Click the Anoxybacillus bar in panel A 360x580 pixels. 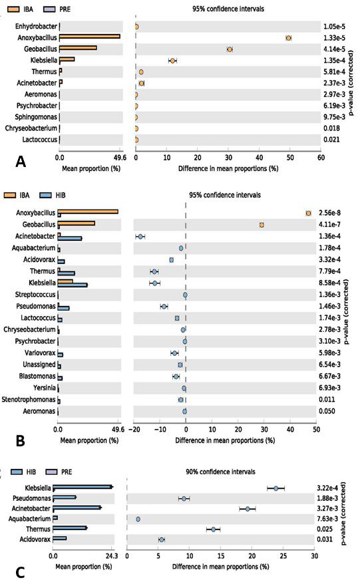(90, 36)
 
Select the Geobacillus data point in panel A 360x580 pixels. (230, 50)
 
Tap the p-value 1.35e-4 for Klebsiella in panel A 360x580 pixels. (335, 61)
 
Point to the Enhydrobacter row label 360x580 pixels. (36, 26)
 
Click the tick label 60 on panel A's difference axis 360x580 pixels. (321, 158)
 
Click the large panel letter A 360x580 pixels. (21, 162)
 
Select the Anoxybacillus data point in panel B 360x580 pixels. (308, 213)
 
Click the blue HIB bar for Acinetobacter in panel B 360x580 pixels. (70, 239)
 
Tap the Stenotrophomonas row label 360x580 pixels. (29, 400)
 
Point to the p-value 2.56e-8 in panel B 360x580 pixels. (329, 213)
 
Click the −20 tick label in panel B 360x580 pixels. (134, 430)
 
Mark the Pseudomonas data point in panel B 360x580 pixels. (164, 306)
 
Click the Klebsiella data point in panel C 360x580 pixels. (276, 488)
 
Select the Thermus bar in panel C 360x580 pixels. (70, 528)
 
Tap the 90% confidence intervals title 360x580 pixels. (220, 472)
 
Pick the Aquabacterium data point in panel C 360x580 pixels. (138, 519)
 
